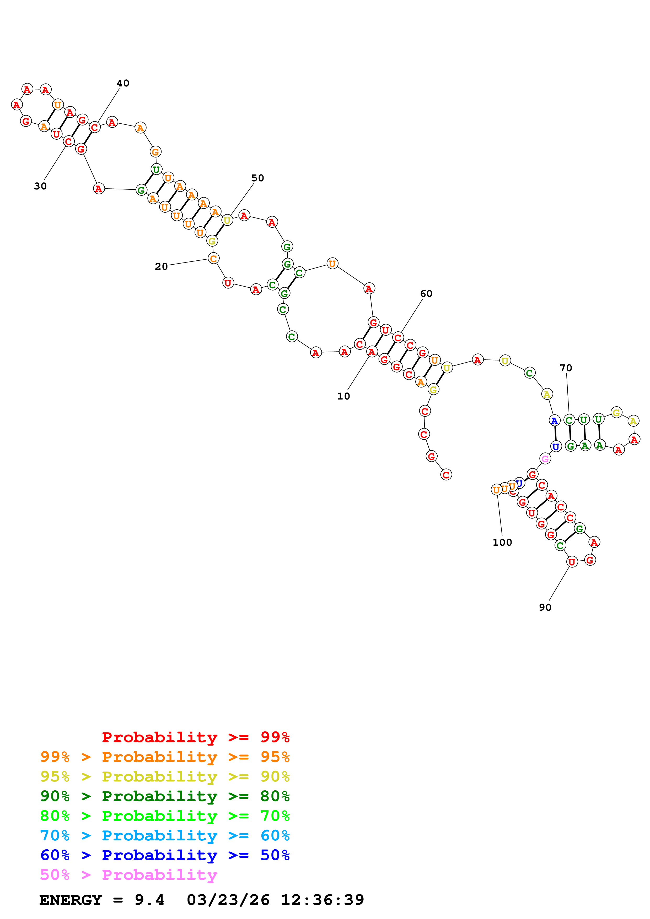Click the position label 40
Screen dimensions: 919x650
tap(123, 83)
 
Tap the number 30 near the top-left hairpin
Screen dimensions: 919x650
tap(40, 186)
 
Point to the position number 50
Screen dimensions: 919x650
tap(257, 178)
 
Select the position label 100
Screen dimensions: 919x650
tap(502, 542)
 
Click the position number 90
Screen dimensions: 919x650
tap(545, 607)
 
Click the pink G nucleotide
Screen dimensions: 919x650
tap(545, 459)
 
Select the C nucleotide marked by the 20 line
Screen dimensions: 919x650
tap(213, 259)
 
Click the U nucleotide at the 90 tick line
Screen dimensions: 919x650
tap(572, 562)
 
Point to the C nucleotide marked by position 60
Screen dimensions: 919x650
tap(398, 337)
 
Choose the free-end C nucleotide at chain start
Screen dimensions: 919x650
tap(446, 475)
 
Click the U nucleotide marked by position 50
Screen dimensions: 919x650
tap(227, 220)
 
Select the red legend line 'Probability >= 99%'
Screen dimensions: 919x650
tap(195, 737)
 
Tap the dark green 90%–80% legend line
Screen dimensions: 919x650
tap(165, 796)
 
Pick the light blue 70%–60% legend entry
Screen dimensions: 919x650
tap(165, 835)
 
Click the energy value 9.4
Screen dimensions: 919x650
tap(149, 900)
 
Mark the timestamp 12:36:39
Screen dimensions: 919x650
tap(323, 900)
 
